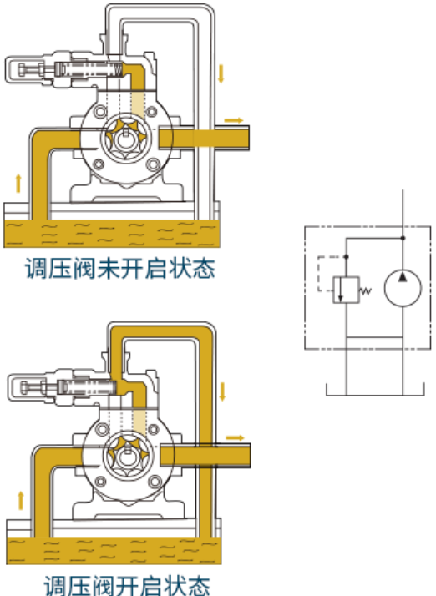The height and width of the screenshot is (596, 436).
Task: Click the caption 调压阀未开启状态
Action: pyautogui.click(x=119, y=268)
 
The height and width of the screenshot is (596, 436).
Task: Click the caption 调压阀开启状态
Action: pyautogui.click(x=127, y=585)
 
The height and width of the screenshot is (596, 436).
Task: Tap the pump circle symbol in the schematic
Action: pyautogui.click(x=403, y=288)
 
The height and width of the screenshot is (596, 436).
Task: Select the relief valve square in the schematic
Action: pyautogui.click(x=346, y=290)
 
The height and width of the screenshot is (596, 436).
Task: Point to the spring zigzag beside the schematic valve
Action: pyautogui.click(x=365, y=291)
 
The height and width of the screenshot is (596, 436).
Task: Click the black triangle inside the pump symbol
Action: pyautogui.click(x=403, y=277)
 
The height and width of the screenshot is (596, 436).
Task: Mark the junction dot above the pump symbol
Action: pyautogui.click(x=403, y=238)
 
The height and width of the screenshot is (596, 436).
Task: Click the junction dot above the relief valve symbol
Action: pyautogui.click(x=346, y=257)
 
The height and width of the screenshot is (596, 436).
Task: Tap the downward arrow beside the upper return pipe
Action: pyautogui.click(x=221, y=74)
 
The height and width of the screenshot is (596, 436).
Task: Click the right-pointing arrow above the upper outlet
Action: pyautogui.click(x=234, y=120)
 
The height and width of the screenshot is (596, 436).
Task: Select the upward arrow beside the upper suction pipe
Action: pyautogui.click(x=18, y=183)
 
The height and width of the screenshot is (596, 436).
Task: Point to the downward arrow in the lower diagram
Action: pyautogui.click(x=222, y=391)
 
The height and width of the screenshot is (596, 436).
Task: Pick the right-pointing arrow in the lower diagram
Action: pyautogui.click(x=235, y=438)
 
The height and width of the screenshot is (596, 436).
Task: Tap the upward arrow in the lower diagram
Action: pyautogui.click(x=21, y=501)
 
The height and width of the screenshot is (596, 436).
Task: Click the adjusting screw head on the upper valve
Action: pyautogui.click(x=22, y=69)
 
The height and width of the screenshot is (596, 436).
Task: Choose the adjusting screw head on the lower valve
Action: pyautogui.click(x=24, y=387)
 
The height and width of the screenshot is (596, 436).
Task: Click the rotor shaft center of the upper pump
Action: pyautogui.click(x=125, y=139)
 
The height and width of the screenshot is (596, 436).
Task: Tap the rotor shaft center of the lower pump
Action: pyautogui.click(x=127, y=457)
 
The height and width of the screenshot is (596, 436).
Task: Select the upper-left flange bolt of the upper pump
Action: pyautogui.click(x=100, y=112)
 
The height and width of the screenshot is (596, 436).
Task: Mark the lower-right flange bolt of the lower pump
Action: pyautogui.click(x=155, y=482)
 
